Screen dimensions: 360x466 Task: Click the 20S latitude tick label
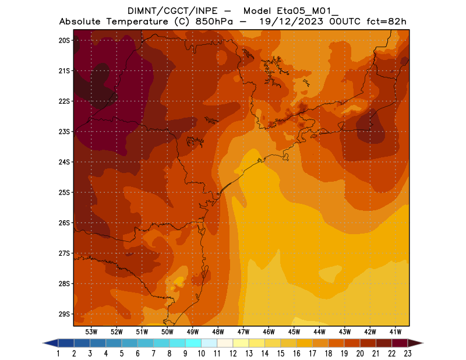click(x=64, y=40)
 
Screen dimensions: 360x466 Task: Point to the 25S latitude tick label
click(x=64, y=192)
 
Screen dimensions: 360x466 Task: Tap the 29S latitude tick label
click(x=64, y=314)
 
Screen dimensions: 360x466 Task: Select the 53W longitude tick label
click(x=91, y=331)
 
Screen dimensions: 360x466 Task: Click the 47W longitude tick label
click(x=243, y=331)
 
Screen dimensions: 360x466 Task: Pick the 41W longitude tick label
click(x=396, y=331)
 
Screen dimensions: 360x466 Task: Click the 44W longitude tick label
click(x=319, y=331)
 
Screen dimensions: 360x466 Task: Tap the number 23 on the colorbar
click(x=408, y=354)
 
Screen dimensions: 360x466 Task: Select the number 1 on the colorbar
click(x=58, y=354)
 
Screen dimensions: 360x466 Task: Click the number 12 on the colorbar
click(x=233, y=354)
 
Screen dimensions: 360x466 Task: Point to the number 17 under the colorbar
click(x=312, y=354)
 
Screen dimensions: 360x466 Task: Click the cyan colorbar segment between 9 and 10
click(x=193, y=343)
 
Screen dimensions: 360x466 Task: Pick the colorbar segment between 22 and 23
click(x=400, y=343)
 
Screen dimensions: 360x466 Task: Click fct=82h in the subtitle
click(x=385, y=22)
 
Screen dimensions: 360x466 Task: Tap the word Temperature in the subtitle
click(x=139, y=22)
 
